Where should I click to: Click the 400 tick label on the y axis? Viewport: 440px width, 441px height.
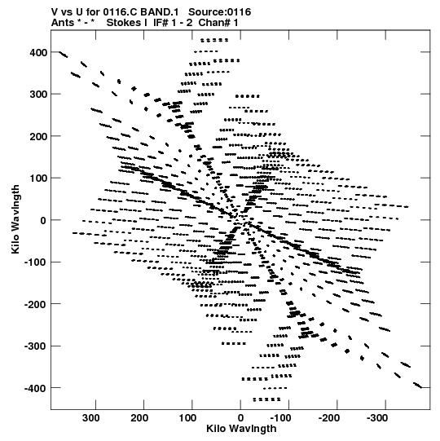click(x=38, y=52)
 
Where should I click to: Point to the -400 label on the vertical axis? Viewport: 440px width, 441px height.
click(x=35, y=388)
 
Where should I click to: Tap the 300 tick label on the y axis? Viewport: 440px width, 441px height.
click(x=38, y=95)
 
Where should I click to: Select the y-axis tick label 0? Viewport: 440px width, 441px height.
click(x=43, y=220)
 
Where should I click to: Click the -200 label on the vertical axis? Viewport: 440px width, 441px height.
click(x=35, y=304)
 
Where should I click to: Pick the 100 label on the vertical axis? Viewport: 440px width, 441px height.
click(x=38, y=179)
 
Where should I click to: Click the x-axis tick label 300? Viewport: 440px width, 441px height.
click(x=91, y=418)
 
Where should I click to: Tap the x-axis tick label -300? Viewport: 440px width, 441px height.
click(x=377, y=418)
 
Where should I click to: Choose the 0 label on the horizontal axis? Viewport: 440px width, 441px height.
click(x=240, y=418)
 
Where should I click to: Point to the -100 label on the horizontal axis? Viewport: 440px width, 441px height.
click(x=280, y=418)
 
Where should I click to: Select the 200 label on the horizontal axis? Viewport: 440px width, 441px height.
click(x=139, y=418)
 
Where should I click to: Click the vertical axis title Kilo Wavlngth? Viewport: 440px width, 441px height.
click(x=15, y=219)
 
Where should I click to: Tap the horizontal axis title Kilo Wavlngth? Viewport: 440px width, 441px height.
click(x=241, y=429)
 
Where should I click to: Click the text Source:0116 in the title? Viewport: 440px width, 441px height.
click(x=219, y=12)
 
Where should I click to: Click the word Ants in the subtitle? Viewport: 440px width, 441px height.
click(x=63, y=23)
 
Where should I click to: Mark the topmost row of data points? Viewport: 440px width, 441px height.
click(x=214, y=40)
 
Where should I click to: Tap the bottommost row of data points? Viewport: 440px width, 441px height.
click(x=266, y=399)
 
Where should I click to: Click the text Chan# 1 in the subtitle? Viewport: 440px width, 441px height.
click(x=218, y=23)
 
